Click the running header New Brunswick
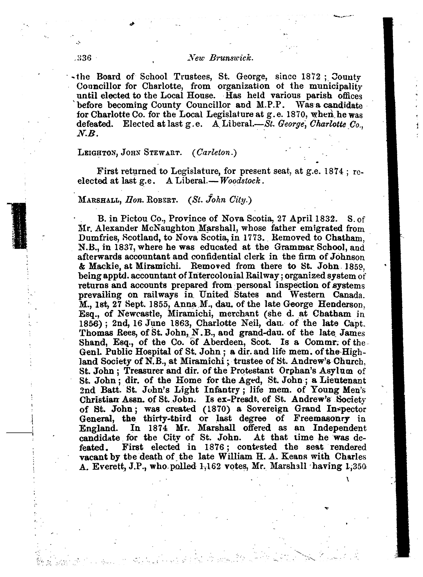220,58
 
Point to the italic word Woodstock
241,180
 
